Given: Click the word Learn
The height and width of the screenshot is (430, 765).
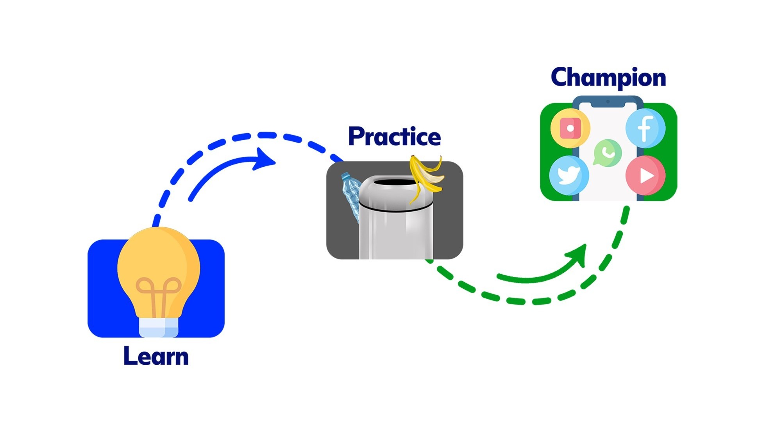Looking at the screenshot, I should pos(156,356).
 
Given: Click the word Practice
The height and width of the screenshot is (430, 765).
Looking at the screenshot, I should pos(394,137).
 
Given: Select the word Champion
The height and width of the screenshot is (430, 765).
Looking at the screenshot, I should pos(608,78).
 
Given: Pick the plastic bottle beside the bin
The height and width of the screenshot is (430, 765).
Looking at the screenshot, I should pos(351,193).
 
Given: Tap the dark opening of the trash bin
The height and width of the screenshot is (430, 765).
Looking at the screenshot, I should pos(395,182).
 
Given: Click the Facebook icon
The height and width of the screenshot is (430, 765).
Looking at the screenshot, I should pos(645,128).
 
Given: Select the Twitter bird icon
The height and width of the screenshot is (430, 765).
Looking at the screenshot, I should pos(568,175).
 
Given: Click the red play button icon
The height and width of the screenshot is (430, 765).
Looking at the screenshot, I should pos(645,175).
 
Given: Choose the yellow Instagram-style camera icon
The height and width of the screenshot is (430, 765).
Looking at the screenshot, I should pos(570,128).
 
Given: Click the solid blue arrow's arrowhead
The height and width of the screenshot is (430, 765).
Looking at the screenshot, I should pos(264,159).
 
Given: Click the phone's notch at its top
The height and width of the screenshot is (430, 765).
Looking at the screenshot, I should pos(608,103).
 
